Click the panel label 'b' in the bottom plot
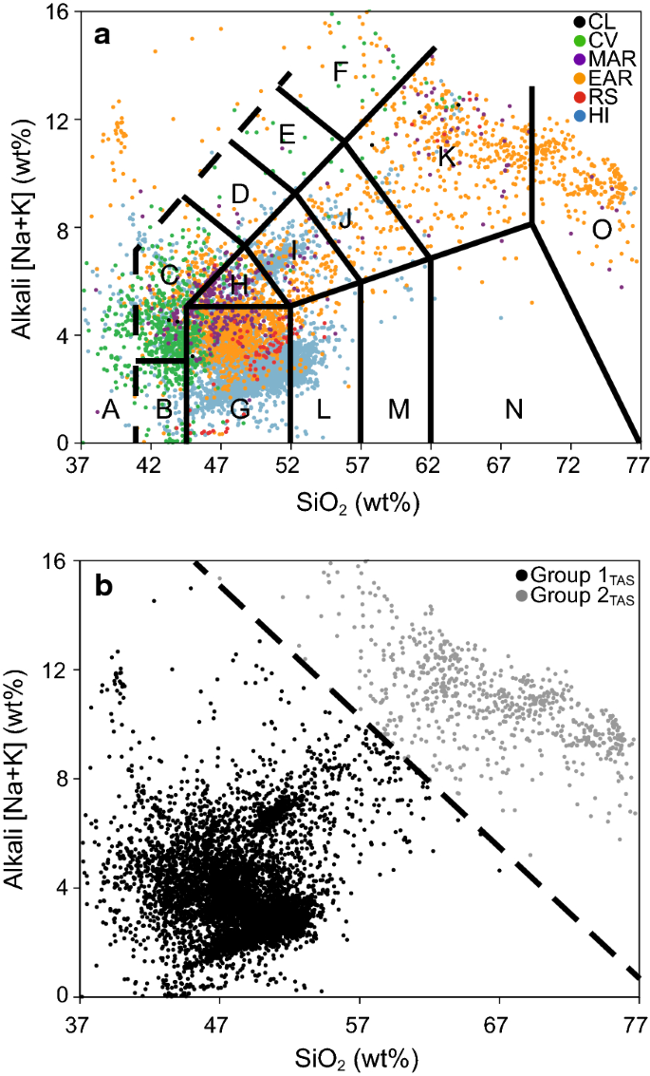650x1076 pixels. [103, 588]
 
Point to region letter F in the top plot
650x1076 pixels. [341, 72]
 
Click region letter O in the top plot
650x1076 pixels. [602, 229]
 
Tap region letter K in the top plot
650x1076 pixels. [446, 158]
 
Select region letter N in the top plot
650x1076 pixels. [514, 409]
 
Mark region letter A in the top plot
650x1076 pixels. [109, 410]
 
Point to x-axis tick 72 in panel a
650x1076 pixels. [569, 466]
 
